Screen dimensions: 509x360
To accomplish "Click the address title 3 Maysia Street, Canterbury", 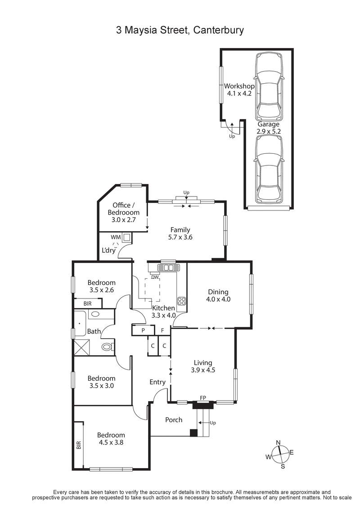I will pyautogui.click(x=180, y=31).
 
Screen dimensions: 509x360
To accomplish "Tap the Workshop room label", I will pyautogui.click(x=239, y=86).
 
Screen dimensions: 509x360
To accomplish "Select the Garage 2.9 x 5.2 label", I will pyautogui.click(x=268, y=128).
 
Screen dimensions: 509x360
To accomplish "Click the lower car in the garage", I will pyautogui.click(x=269, y=169).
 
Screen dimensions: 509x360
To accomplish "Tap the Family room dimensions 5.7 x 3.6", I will pyautogui.click(x=180, y=237).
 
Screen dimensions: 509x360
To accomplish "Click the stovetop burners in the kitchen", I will pyautogui.click(x=182, y=301).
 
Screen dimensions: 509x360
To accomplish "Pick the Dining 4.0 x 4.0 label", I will pyautogui.click(x=218, y=295).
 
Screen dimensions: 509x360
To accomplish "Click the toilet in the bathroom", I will pyautogui.click(x=107, y=347).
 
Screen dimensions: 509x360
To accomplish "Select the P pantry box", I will pyautogui.click(x=142, y=330).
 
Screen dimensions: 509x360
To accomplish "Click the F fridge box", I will pyautogui.click(x=162, y=330).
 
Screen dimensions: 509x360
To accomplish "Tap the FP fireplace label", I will pyautogui.click(x=204, y=398).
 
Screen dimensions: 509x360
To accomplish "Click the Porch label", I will pyautogui.click(x=174, y=420).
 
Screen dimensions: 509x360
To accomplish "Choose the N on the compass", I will pyautogui.click(x=279, y=442).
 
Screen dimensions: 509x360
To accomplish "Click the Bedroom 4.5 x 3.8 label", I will pyautogui.click(x=111, y=438).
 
